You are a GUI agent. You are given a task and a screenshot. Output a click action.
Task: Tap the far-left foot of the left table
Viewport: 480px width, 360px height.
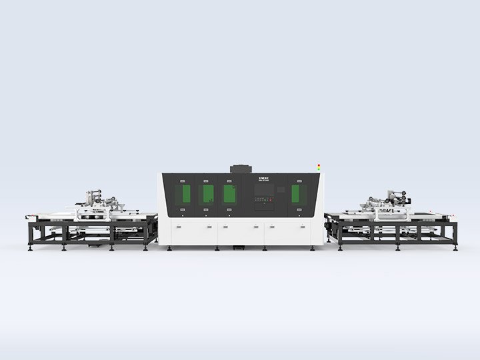click(x=31, y=248)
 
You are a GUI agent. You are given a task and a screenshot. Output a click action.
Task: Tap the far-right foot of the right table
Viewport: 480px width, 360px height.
click(x=456, y=248)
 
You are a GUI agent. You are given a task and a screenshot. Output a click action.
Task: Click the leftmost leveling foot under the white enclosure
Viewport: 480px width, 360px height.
click(x=169, y=248)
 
